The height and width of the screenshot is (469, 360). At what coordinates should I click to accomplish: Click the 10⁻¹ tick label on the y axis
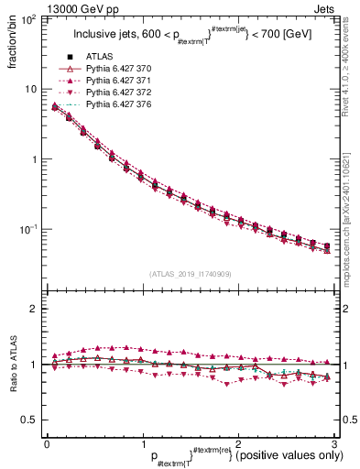pyautogui.click(x=27, y=230)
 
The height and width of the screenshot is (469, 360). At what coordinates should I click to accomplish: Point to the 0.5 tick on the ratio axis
pyautogui.click(x=29, y=420)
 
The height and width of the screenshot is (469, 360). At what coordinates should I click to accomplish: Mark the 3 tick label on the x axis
pyautogui.click(x=334, y=442)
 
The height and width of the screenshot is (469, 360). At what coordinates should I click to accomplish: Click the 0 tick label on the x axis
pyautogui.click(x=47, y=442)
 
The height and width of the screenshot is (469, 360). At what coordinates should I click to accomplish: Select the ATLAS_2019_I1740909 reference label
pyautogui.click(x=190, y=274)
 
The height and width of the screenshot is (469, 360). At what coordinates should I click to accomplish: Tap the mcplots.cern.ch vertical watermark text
pyautogui.click(x=351, y=211)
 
